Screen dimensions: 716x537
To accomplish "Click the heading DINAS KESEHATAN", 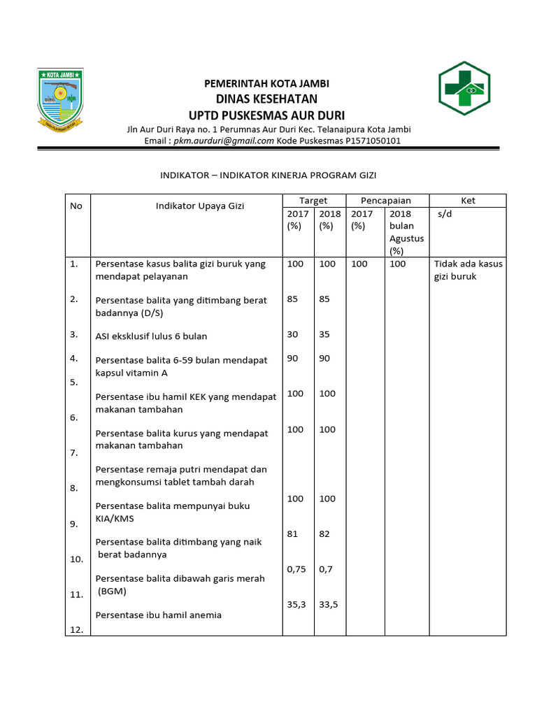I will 266,99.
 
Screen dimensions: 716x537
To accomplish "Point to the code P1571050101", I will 373,141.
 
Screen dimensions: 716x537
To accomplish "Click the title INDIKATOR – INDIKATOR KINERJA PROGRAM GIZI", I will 268,175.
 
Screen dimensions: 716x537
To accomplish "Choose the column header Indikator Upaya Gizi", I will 199,206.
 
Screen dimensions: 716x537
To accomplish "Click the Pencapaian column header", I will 385,201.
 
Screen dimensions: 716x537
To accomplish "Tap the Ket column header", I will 468,201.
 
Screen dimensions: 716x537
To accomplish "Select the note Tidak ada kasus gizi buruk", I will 468,270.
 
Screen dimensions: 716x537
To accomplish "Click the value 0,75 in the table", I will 296,569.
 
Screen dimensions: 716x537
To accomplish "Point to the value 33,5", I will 329,604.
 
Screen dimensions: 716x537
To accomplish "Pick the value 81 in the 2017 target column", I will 292,534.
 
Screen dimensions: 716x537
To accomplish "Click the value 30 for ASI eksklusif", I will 292,334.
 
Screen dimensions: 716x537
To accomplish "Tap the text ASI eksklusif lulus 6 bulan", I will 151,336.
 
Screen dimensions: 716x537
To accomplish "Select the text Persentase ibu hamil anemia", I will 158,615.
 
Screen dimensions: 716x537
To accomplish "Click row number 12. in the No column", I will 76,630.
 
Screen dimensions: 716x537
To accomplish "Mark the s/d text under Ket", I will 445,214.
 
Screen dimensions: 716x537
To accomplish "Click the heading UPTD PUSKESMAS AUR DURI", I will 266,115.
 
